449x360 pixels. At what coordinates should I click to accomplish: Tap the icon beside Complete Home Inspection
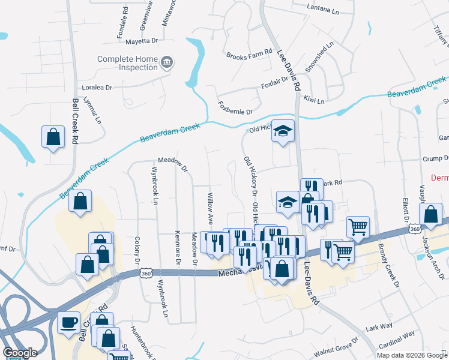(167, 62)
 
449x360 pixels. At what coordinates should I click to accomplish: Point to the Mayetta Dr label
(141, 41)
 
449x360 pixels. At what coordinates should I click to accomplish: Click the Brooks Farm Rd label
(249, 55)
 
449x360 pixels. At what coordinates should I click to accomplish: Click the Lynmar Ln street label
(94, 111)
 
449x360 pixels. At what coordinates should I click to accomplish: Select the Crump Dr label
(436, 158)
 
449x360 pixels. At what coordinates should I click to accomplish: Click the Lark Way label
(379, 326)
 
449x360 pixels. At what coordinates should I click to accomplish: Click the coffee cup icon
(68, 322)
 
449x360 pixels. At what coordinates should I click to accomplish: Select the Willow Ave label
(210, 205)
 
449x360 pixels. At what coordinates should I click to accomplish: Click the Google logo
(20, 353)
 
